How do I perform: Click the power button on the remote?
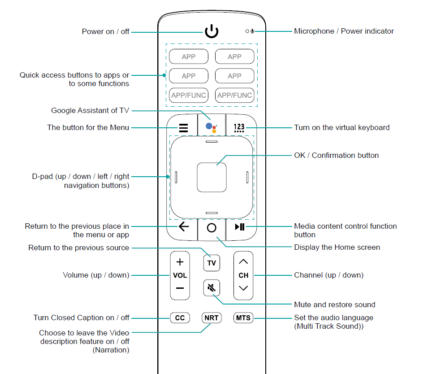212,31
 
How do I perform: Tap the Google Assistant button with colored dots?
212,127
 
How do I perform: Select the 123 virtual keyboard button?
239,128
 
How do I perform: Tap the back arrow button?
184,226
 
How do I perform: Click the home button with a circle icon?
212,227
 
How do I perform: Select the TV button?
212,263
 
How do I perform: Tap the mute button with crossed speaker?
212,288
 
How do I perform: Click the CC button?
180,318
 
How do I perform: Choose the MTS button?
243,318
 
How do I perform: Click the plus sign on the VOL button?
180,261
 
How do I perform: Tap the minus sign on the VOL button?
180,288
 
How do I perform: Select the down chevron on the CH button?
243,288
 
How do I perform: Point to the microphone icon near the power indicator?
253,31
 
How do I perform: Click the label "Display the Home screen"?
337,247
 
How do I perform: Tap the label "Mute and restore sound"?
334,304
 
